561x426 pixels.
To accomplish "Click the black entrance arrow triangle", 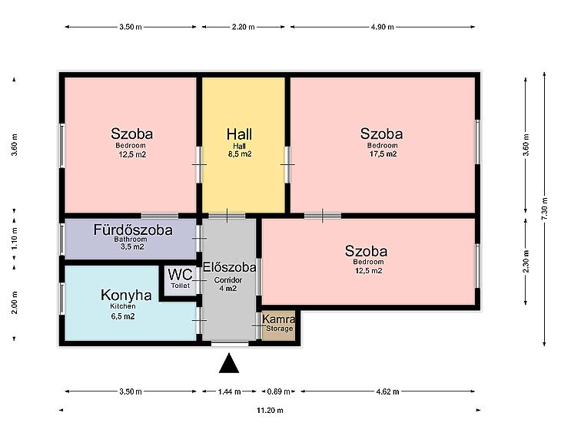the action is pyautogui.click(x=229, y=364).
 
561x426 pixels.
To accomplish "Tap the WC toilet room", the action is pyautogui.click(x=180, y=280).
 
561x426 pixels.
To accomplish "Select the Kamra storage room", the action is pyautogui.click(x=278, y=325).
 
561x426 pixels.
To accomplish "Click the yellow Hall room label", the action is pyautogui.click(x=239, y=134).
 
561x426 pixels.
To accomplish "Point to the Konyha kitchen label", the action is pyautogui.click(x=126, y=296).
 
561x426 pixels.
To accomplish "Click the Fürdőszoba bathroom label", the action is pyautogui.click(x=133, y=230).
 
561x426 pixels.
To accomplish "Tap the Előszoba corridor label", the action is pyautogui.click(x=229, y=267).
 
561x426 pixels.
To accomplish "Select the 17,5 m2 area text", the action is pyautogui.click(x=383, y=154).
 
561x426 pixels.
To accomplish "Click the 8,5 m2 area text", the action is pyautogui.click(x=240, y=154).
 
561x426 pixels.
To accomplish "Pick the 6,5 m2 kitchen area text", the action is pyautogui.click(x=123, y=316).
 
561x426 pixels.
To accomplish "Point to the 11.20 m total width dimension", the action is pyautogui.click(x=270, y=411).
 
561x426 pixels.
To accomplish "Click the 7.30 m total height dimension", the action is pyautogui.click(x=545, y=209).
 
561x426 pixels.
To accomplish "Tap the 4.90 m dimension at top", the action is pyautogui.click(x=383, y=27).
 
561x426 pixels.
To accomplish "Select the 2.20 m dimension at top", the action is pyautogui.click(x=244, y=27).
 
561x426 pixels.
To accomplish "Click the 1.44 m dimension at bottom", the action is pyautogui.click(x=229, y=391).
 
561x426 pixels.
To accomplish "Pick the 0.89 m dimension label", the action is pyautogui.click(x=279, y=391).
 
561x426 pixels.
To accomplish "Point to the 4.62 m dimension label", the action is pyautogui.click(x=387, y=391).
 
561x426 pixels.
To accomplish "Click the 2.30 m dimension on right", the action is pyautogui.click(x=526, y=261).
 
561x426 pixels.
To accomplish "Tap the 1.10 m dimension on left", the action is pyautogui.click(x=15, y=239).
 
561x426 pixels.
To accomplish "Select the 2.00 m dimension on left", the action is pyautogui.click(x=15, y=302).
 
